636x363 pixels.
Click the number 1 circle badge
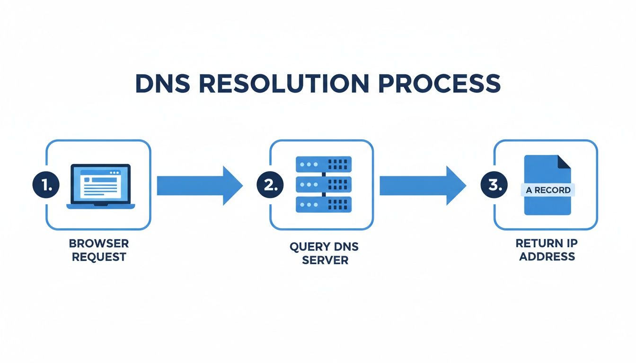pyautogui.click(x=46, y=185)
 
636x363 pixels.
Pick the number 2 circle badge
pyautogui.click(x=270, y=185)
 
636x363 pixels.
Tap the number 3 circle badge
pyautogui.click(x=494, y=185)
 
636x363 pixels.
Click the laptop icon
pyautogui.click(x=100, y=186)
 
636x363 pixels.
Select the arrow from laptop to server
pyautogui.click(x=199, y=186)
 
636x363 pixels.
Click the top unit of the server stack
pyautogui.click(x=323, y=164)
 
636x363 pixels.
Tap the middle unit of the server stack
pyautogui.click(x=323, y=184)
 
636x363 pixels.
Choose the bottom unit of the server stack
pyautogui.click(x=323, y=204)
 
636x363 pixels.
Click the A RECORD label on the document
pyautogui.click(x=548, y=190)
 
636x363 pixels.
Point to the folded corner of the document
pyautogui.click(x=564, y=162)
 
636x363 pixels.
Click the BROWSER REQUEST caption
pyautogui.click(x=98, y=251)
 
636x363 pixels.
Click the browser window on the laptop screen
pyautogui.click(x=100, y=181)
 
